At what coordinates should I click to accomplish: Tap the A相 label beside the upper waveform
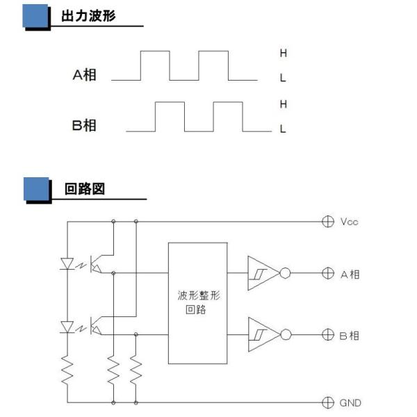coord(84,74)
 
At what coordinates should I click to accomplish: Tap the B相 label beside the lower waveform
coord(84,125)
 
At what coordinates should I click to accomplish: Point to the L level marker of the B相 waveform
coord(283,129)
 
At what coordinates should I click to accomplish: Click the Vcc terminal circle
coord(328,222)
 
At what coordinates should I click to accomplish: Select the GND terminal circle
coord(328,402)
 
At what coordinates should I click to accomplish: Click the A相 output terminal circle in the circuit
coord(328,273)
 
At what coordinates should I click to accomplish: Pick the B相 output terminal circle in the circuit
coord(328,335)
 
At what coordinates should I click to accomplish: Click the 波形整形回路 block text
coord(197,303)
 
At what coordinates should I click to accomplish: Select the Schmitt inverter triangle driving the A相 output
coord(263,273)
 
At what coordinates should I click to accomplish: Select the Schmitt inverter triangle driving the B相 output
coord(263,335)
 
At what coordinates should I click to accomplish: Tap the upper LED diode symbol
coord(68,263)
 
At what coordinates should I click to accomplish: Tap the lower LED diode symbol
coord(68,325)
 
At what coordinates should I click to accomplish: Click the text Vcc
coord(350,222)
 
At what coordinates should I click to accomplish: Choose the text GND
coord(350,402)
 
